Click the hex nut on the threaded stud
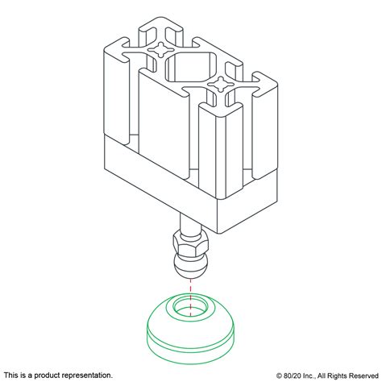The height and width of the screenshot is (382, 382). [191, 243]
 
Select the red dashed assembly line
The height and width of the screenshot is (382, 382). [191, 284]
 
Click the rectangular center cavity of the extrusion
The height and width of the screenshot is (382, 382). [190, 69]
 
